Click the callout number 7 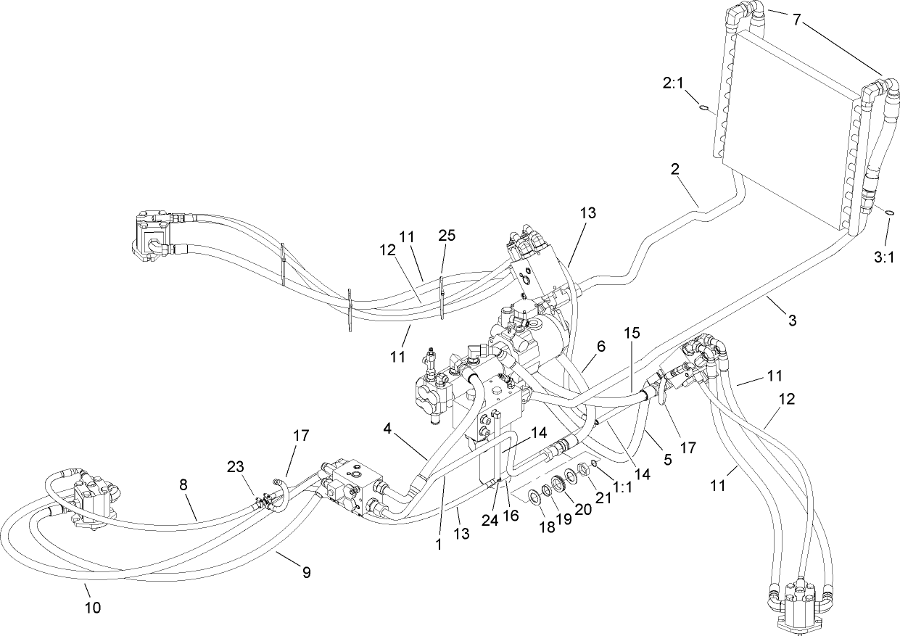point(796,20)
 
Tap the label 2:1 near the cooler point(674,83)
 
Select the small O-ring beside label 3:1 point(888,212)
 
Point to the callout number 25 point(447,236)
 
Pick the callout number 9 point(307,573)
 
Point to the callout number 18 point(546,527)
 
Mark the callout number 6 point(600,347)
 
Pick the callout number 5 point(667,459)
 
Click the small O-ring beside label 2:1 point(703,109)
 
